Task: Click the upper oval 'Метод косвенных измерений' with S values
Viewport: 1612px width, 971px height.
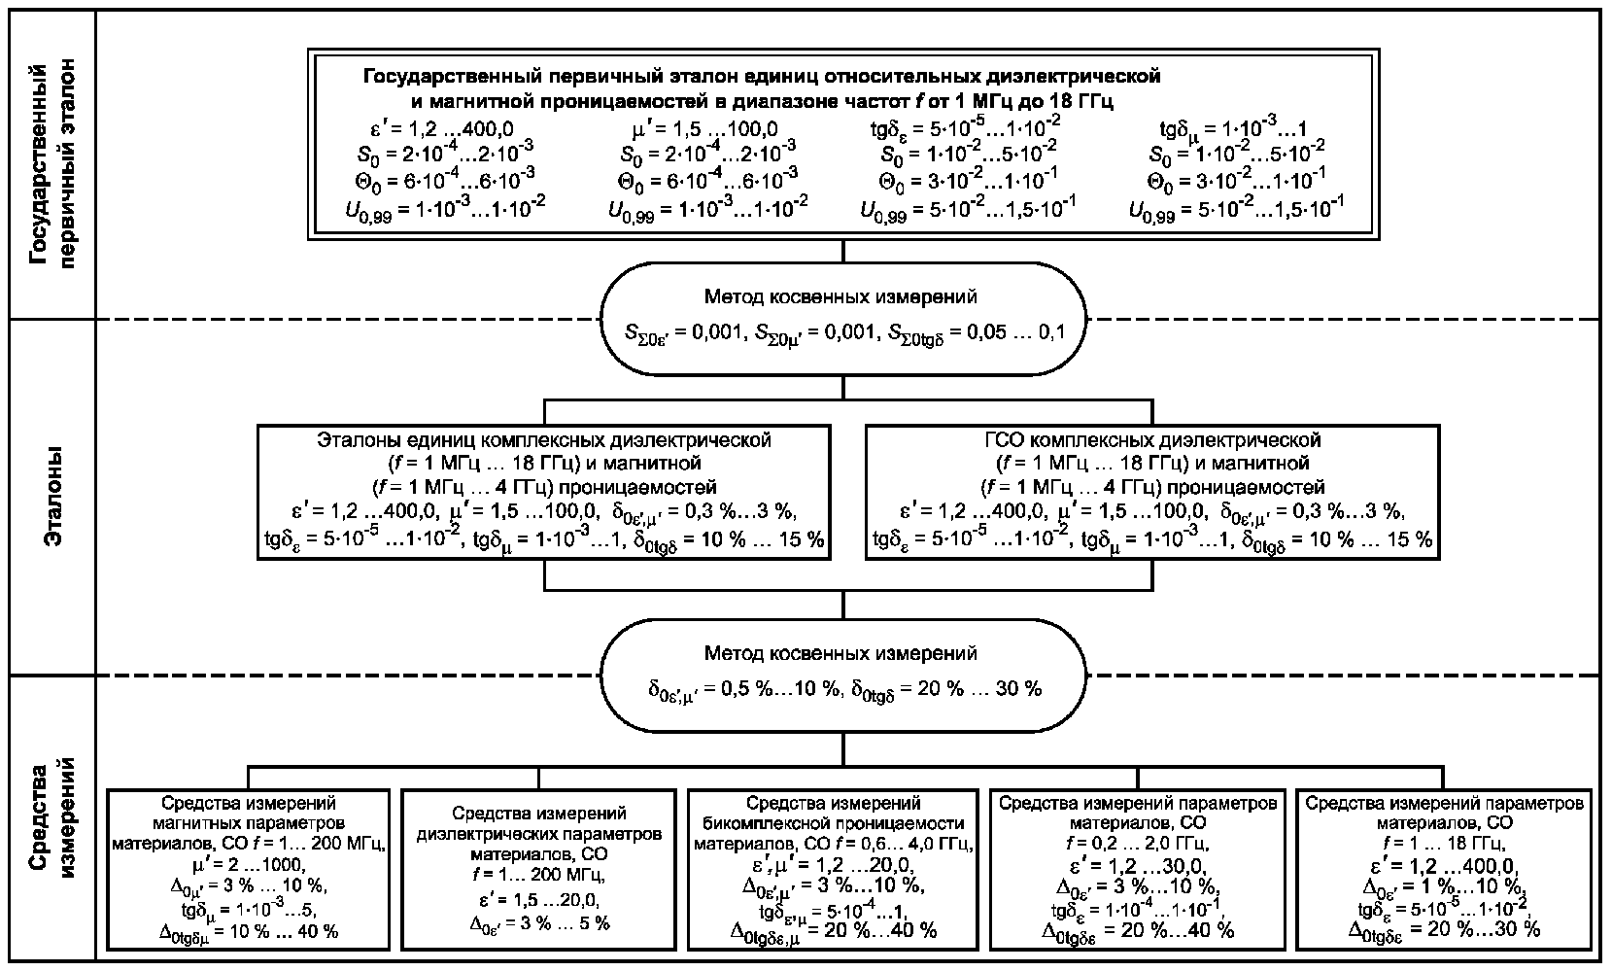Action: point(842,319)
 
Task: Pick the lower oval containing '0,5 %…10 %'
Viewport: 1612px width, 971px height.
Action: point(842,676)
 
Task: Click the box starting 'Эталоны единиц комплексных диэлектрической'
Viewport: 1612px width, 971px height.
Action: point(544,493)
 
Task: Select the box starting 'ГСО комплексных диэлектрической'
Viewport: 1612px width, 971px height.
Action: point(1152,493)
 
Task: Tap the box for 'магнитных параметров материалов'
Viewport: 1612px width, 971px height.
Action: point(249,870)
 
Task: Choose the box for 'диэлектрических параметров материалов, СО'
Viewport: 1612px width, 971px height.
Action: point(539,870)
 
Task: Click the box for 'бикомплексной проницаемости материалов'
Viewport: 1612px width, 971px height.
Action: point(834,870)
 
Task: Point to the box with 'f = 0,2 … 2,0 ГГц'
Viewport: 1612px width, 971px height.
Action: point(1138,870)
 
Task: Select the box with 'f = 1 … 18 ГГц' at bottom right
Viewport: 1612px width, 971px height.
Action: point(1444,870)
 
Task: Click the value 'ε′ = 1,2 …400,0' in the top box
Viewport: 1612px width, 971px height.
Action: point(441,129)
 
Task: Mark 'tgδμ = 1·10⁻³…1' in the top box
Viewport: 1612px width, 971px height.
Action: point(1233,128)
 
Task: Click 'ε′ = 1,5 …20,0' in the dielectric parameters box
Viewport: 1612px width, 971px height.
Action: point(539,900)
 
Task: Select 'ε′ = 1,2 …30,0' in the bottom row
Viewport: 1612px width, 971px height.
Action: point(1138,865)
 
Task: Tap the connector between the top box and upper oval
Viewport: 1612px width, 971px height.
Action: point(842,251)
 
